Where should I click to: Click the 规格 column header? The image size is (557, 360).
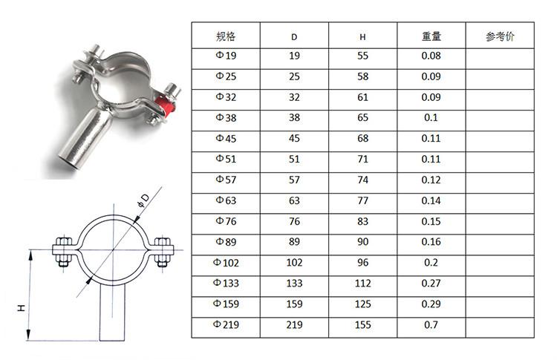pos(226,36)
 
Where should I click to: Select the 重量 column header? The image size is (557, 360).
pos(431,36)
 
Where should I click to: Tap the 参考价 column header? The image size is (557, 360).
pos(500,36)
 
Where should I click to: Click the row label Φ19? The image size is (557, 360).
pos(226,56)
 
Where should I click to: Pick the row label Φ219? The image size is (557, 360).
pos(226,324)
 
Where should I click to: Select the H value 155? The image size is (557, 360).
pos(362,324)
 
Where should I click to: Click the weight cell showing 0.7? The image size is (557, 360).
pos(431,324)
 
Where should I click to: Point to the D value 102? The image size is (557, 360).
pos(294,262)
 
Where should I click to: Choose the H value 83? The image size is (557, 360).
pos(362,221)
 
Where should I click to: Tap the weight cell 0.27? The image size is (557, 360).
pos(431,283)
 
